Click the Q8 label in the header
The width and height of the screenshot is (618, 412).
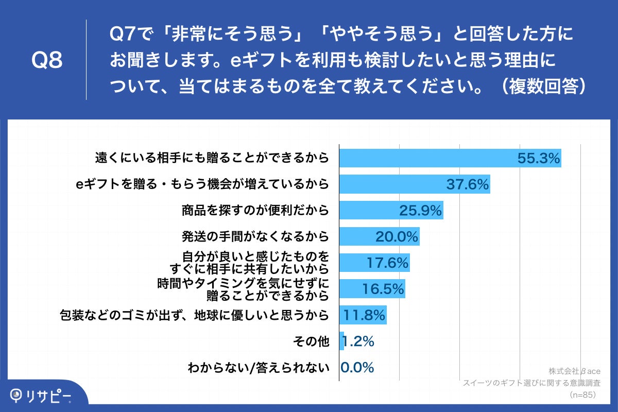[x=47, y=61]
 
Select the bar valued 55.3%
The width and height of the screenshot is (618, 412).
[x=450, y=158]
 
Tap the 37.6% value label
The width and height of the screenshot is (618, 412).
[x=467, y=184]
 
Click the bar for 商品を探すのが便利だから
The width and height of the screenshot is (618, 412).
[x=391, y=210]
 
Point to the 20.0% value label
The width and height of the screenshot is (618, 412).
[x=396, y=236]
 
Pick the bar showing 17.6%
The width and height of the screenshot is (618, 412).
[x=374, y=263]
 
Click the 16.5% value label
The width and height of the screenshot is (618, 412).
[x=382, y=289]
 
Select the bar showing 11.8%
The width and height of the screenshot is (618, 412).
[x=363, y=315]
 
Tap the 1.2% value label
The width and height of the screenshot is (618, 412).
[x=359, y=341]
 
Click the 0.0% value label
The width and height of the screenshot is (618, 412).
[x=357, y=368]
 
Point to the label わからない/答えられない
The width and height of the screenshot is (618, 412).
[x=258, y=368]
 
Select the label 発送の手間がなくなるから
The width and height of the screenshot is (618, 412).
[x=255, y=236]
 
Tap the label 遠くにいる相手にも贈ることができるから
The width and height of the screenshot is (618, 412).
[x=212, y=158]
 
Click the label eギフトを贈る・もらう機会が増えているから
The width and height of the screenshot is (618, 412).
[x=202, y=184]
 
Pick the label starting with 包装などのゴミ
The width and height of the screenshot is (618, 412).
[x=195, y=315]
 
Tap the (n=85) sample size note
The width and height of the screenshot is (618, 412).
[x=582, y=395]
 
